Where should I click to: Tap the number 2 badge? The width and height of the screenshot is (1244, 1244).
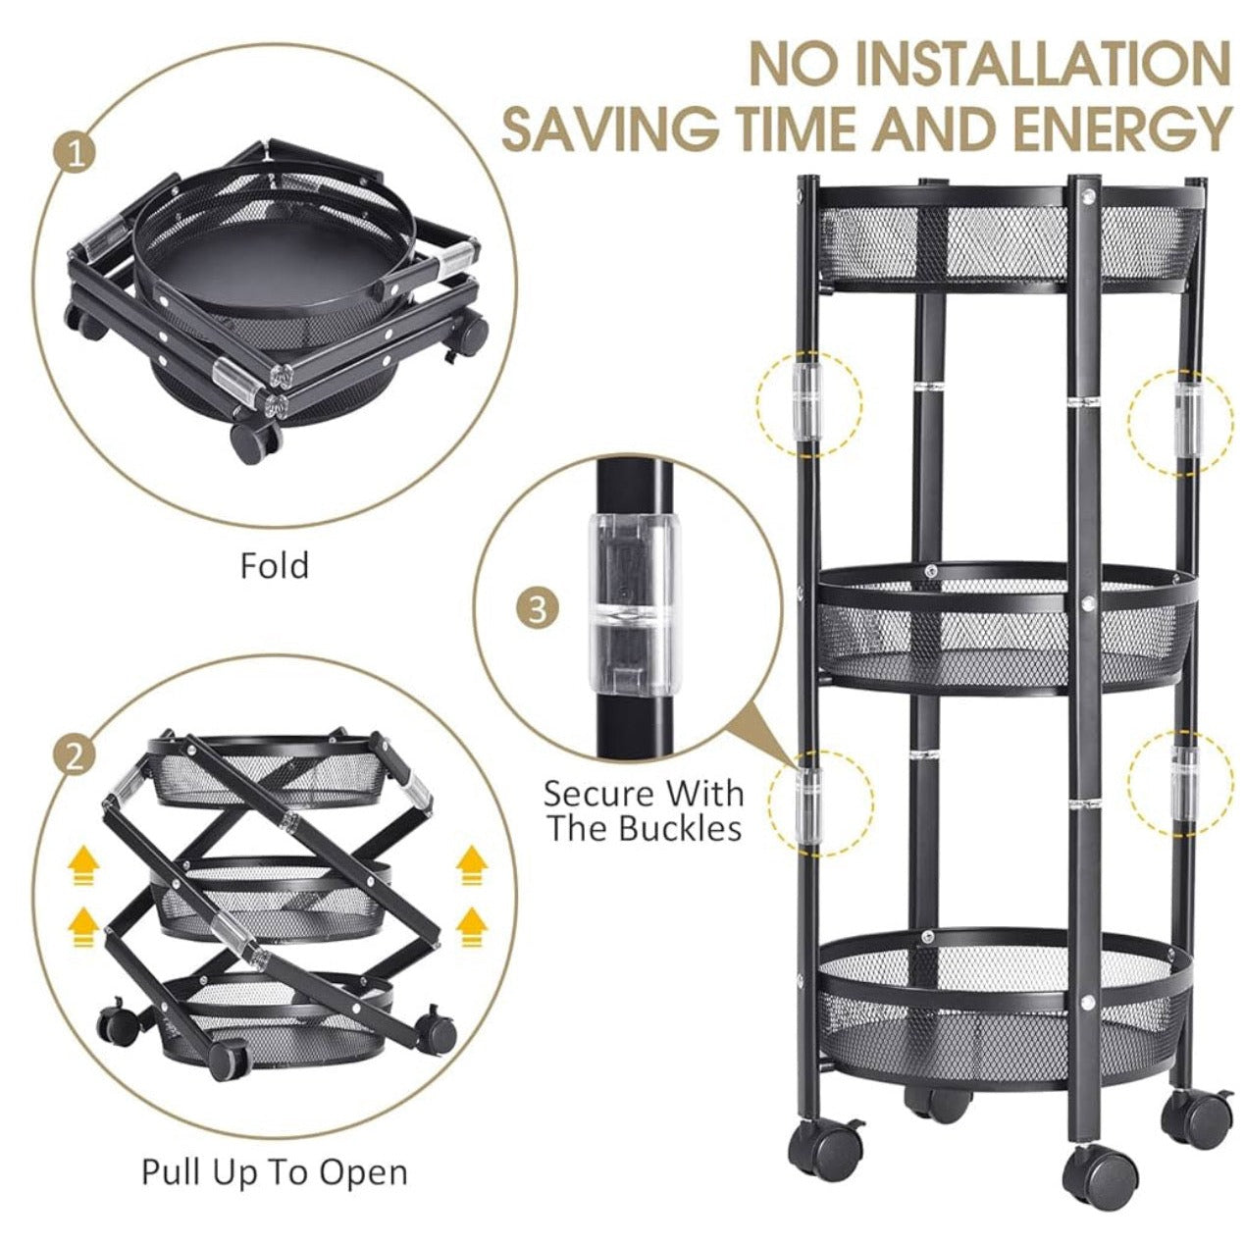click(75, 756)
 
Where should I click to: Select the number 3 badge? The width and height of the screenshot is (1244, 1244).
click(537, 609)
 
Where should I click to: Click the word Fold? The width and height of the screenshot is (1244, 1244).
click(275, 565)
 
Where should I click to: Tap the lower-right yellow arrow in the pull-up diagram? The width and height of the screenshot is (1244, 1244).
click(472, 927)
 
